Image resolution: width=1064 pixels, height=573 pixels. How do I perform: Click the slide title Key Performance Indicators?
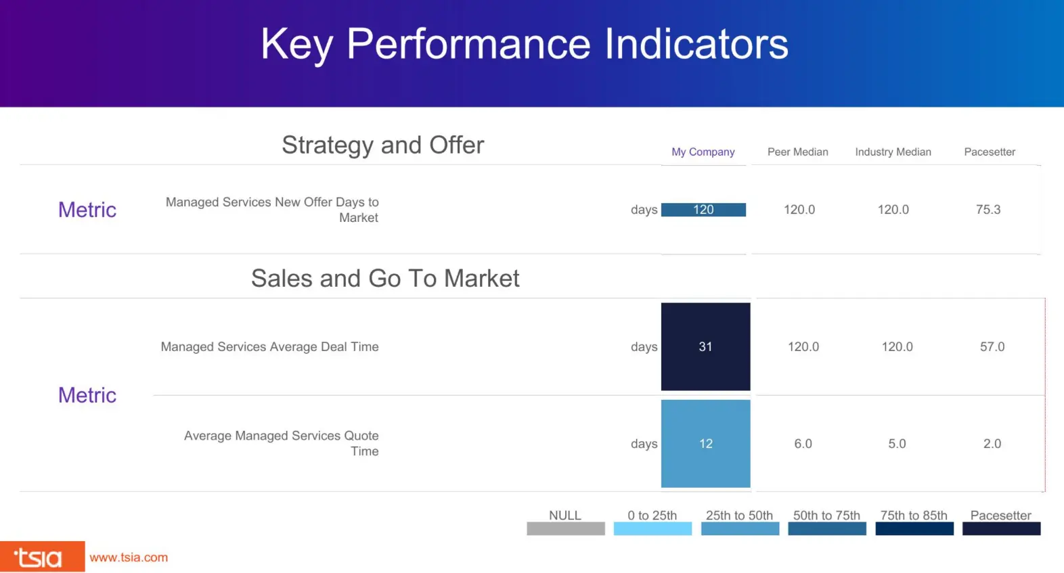pos(525,45)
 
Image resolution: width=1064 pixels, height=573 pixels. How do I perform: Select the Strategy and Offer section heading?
pos(382,145)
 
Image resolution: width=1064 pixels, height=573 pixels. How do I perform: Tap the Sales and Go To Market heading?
pos(385,278)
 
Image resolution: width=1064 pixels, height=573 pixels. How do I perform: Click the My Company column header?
pos(703,152)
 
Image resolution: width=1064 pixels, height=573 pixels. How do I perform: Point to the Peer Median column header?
pos(797,152)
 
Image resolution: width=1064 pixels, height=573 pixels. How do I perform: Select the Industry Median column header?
pos(893,152)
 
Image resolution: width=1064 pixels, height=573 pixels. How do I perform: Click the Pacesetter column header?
pos(989,152)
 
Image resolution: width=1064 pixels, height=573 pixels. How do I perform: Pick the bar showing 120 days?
pos(703,210)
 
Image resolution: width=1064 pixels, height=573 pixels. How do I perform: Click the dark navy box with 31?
pos(705,346)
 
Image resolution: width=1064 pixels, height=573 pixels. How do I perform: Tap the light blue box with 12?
pos(705,444)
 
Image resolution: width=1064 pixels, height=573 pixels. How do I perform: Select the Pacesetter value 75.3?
pos(988,210)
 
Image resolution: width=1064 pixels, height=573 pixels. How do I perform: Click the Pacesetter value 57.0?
pos(992,347)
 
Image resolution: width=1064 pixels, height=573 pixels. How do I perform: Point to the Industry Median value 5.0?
pos(897,444)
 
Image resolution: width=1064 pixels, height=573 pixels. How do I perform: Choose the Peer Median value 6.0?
pos(803,444)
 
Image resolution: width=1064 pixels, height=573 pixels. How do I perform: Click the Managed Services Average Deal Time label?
pos(269,347)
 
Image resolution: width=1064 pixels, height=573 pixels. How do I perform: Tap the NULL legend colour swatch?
pos(565,529)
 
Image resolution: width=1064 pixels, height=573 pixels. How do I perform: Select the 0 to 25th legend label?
pos(652,515)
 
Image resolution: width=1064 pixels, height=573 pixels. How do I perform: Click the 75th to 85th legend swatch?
pos(914,529)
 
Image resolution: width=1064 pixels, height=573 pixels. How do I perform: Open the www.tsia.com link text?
pos(129,557)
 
